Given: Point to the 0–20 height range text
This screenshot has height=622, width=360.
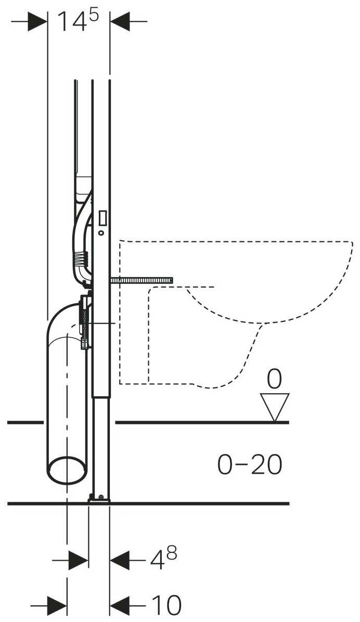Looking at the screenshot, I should click(x=250, y=464).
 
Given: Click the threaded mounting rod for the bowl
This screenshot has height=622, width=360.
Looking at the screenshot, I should click(x=141, y=281).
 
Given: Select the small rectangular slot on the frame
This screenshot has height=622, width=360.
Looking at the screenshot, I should click(x=102, y=216).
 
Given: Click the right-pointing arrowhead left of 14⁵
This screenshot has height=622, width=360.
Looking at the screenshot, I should click(x=38, y=21).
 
